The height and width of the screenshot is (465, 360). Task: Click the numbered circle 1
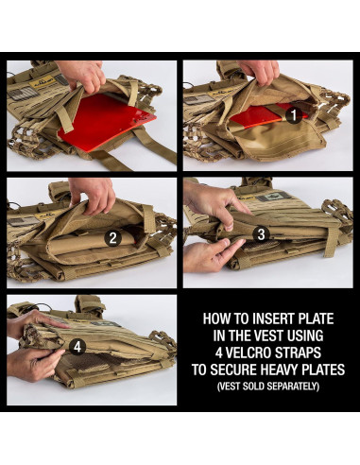[294, 115]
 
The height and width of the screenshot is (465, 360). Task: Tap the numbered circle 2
[112, 237]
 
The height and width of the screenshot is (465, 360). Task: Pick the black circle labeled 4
[76, 346]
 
